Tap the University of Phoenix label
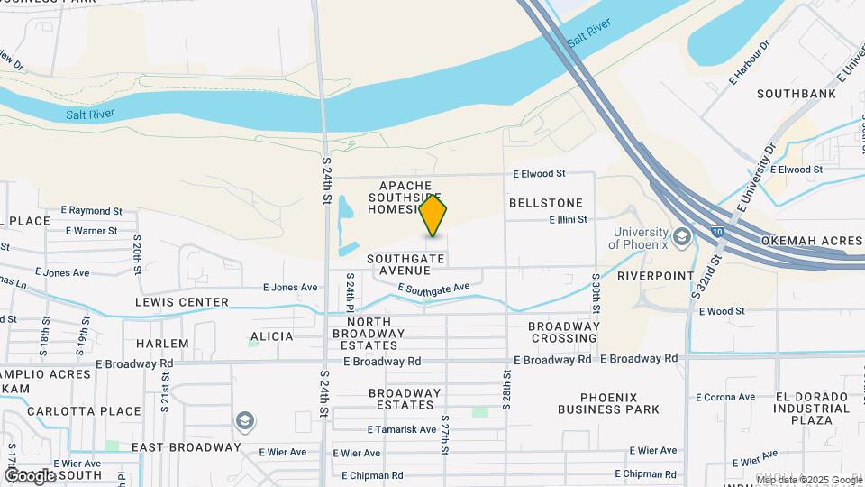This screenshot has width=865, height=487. coord(638,237)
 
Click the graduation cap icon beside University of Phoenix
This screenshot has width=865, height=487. coord(681,237)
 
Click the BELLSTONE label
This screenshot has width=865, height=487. coord(545,203)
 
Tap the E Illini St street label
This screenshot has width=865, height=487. coord(568,219)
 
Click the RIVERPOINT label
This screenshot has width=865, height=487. coord(656,276)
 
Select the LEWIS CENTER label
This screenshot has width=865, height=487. coord(182,302)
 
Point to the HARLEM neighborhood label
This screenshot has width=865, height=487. coord(162,344)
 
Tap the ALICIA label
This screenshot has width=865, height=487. coord(271,336)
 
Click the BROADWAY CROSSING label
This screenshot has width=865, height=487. coord(564,332)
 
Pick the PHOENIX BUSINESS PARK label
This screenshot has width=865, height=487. coord(608,403)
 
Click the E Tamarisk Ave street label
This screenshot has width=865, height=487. coord(402,429)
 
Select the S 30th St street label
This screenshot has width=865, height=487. coord(596,291)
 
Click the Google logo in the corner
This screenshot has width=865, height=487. coord(30,475)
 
